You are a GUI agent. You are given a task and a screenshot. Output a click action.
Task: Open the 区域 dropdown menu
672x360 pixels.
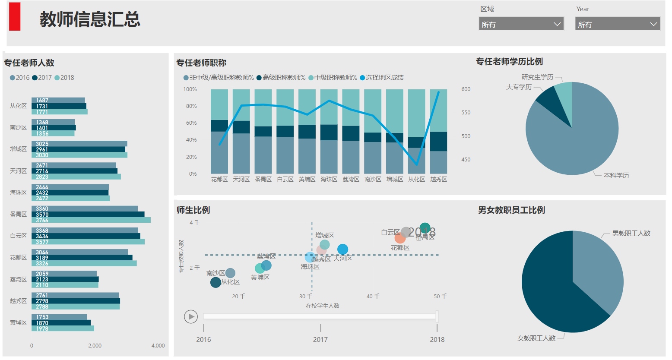(521, 24)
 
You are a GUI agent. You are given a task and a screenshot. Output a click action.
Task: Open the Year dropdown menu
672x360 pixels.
(617, 24)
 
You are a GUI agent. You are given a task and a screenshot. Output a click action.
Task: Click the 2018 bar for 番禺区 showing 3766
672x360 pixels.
(91, 220)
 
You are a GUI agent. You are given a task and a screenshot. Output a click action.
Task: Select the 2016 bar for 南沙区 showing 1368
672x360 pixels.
(53, 122)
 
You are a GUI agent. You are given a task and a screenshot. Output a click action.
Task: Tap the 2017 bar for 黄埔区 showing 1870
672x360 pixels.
(61, 322)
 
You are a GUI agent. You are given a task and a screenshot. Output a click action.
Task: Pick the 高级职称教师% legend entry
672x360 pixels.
(281, 78)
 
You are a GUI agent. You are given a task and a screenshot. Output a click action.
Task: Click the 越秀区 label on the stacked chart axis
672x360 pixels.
(438, 179)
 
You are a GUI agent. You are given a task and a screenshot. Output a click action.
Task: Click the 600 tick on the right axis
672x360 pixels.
(466, 89)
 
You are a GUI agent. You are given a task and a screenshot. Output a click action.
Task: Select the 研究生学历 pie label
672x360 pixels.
(537, 77)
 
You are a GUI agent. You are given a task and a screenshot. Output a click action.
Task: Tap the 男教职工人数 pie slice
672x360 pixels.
(598, 268)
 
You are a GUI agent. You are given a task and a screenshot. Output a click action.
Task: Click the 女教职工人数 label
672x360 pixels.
(536, 338)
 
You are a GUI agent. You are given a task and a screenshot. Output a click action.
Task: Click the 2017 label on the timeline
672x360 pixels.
(320, 339)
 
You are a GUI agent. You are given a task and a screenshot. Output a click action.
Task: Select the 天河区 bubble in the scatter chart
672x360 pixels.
(342, 249)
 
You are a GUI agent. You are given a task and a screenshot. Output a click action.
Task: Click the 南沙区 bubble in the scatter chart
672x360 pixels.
(230, 273)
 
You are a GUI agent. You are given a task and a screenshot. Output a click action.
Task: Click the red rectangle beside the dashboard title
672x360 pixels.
(15, 17)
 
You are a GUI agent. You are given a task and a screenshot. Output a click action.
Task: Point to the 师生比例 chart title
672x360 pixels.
(193, 210)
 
